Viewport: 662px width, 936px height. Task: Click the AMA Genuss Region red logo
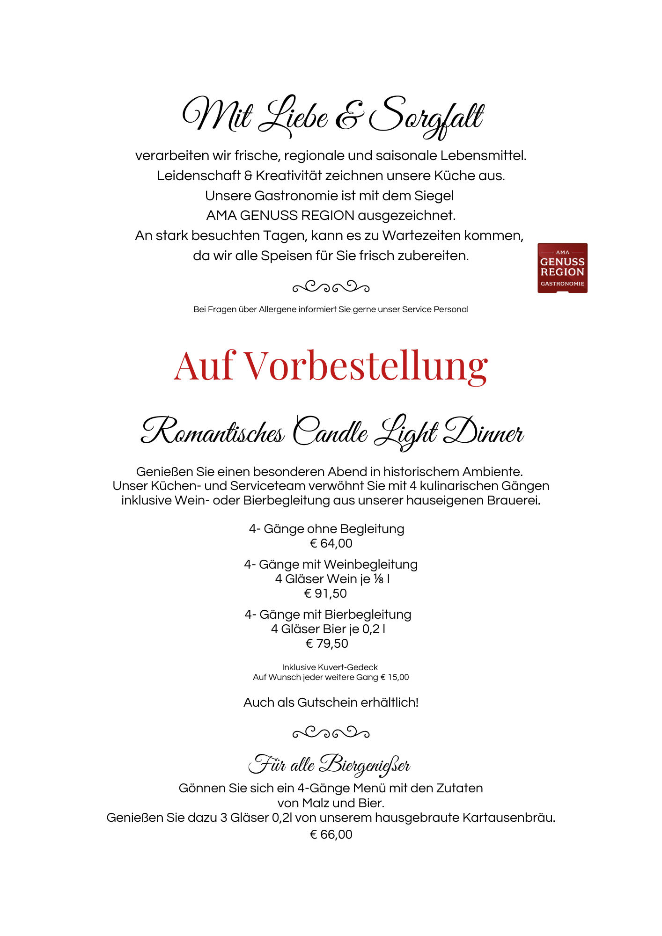(562, 268)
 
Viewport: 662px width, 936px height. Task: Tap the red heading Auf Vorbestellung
(331, 366)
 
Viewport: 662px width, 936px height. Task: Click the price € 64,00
(331, 543)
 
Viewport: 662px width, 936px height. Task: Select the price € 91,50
(326, 593)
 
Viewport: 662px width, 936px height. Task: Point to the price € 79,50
(327, 643)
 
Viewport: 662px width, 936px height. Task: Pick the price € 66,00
(331, 834)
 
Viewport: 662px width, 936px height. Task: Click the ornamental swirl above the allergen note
(331, 286)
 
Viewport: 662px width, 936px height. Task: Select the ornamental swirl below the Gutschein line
(331, 732)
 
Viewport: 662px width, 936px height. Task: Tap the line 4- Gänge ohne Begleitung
(327, 529)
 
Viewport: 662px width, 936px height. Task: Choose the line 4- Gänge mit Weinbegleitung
(331, 564)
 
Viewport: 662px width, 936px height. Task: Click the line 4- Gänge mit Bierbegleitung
(328, 614)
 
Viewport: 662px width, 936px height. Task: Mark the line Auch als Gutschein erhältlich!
(331, 702)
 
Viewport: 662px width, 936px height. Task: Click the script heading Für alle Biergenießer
(329, 765)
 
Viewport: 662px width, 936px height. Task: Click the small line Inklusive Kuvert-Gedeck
(330, 667)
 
